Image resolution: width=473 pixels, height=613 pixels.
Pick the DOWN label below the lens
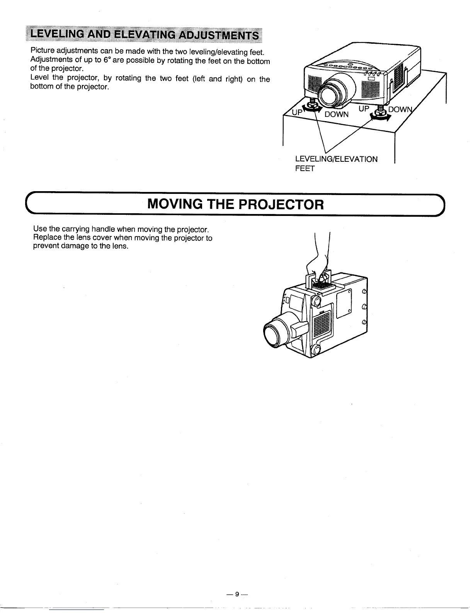336,114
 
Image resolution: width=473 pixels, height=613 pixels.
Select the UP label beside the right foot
364,109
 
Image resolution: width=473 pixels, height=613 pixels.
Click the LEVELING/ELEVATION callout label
336,159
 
